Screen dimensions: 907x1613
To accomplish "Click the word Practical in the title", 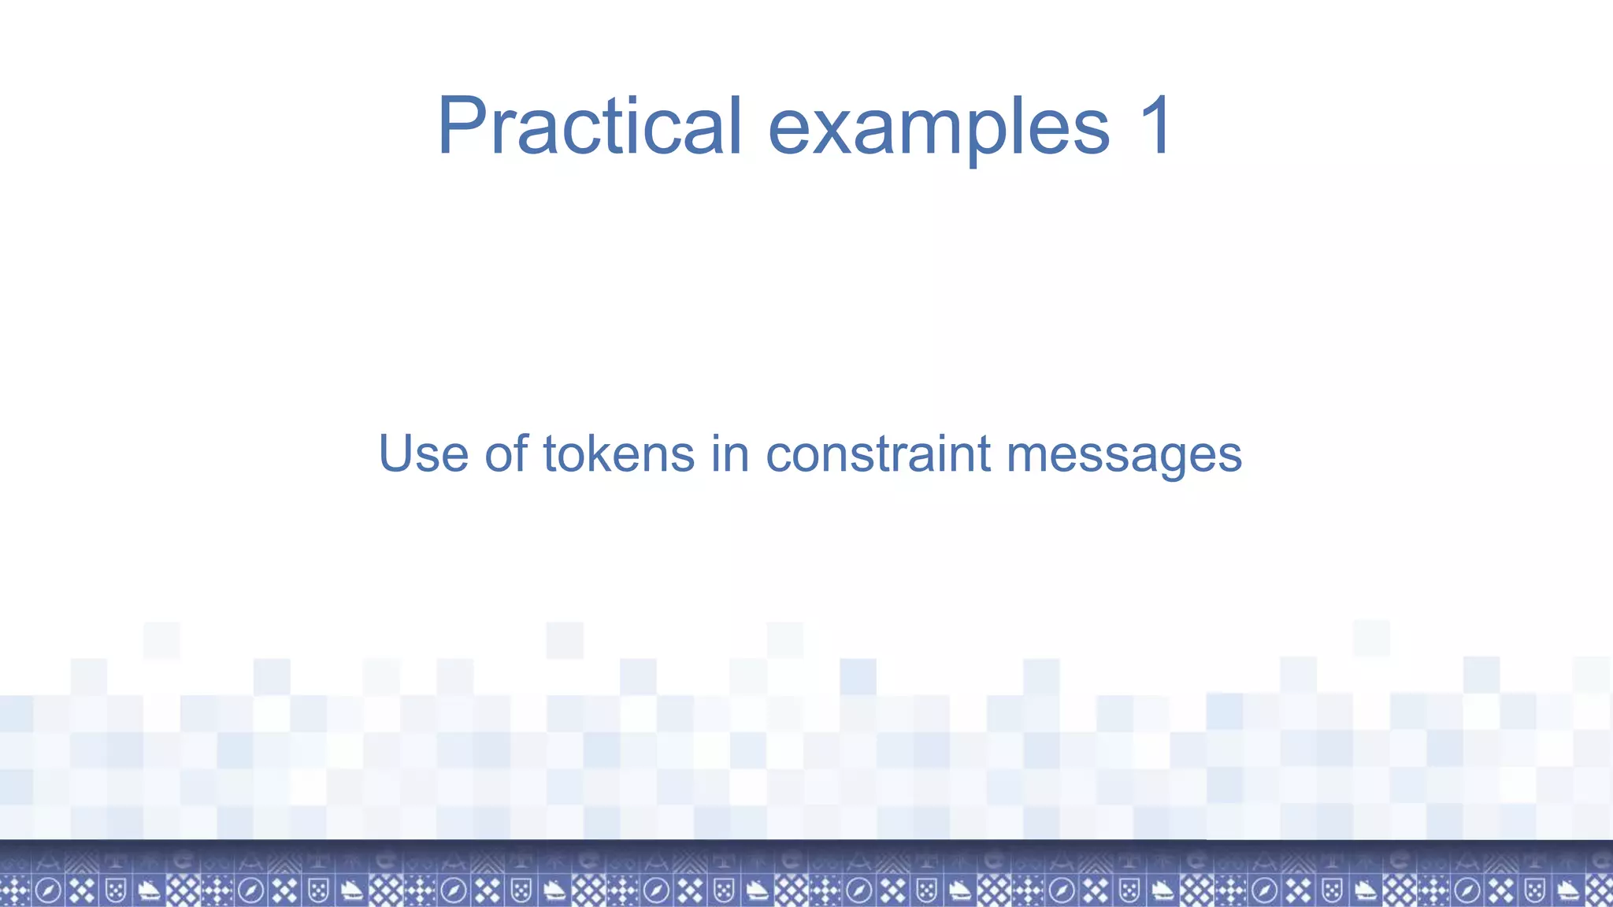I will tap(589, 126).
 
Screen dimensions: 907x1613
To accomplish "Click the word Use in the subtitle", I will tap(424, 454).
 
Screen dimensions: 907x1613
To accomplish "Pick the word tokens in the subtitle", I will tap(619, 454).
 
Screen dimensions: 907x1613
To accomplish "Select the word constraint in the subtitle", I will tap(877, 454).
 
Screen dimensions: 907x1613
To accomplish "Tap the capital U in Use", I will tap(396, 454).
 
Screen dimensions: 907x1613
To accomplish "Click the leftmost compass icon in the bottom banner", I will tap(47, 890).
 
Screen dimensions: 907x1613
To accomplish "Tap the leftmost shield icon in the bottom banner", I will tap(116, 890).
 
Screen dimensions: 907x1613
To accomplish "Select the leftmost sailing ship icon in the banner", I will tap(149, 890).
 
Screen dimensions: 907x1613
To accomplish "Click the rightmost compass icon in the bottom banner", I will tap(1467, 890).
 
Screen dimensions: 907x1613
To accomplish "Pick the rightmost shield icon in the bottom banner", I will tap(1534, 890).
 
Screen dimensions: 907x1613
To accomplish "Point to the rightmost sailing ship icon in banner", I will tap(1567, 890).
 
